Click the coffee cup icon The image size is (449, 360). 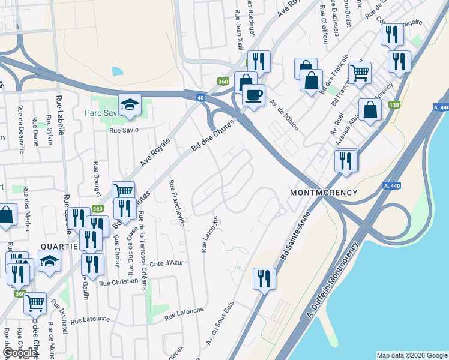coord(253,95)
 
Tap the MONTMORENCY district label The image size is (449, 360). coord(324,193)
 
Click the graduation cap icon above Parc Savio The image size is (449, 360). coord(130,104)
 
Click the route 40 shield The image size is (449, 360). coord(200,98)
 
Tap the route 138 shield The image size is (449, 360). coord(394,105)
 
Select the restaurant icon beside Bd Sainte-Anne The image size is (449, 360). coord(264,278)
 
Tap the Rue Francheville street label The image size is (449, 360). coord(177,203)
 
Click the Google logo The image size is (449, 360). coord(20,353)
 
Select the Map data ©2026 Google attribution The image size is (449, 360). coord(411,355)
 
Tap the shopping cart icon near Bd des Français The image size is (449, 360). coord(360,73)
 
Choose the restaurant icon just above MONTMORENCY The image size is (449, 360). coord(346,160)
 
